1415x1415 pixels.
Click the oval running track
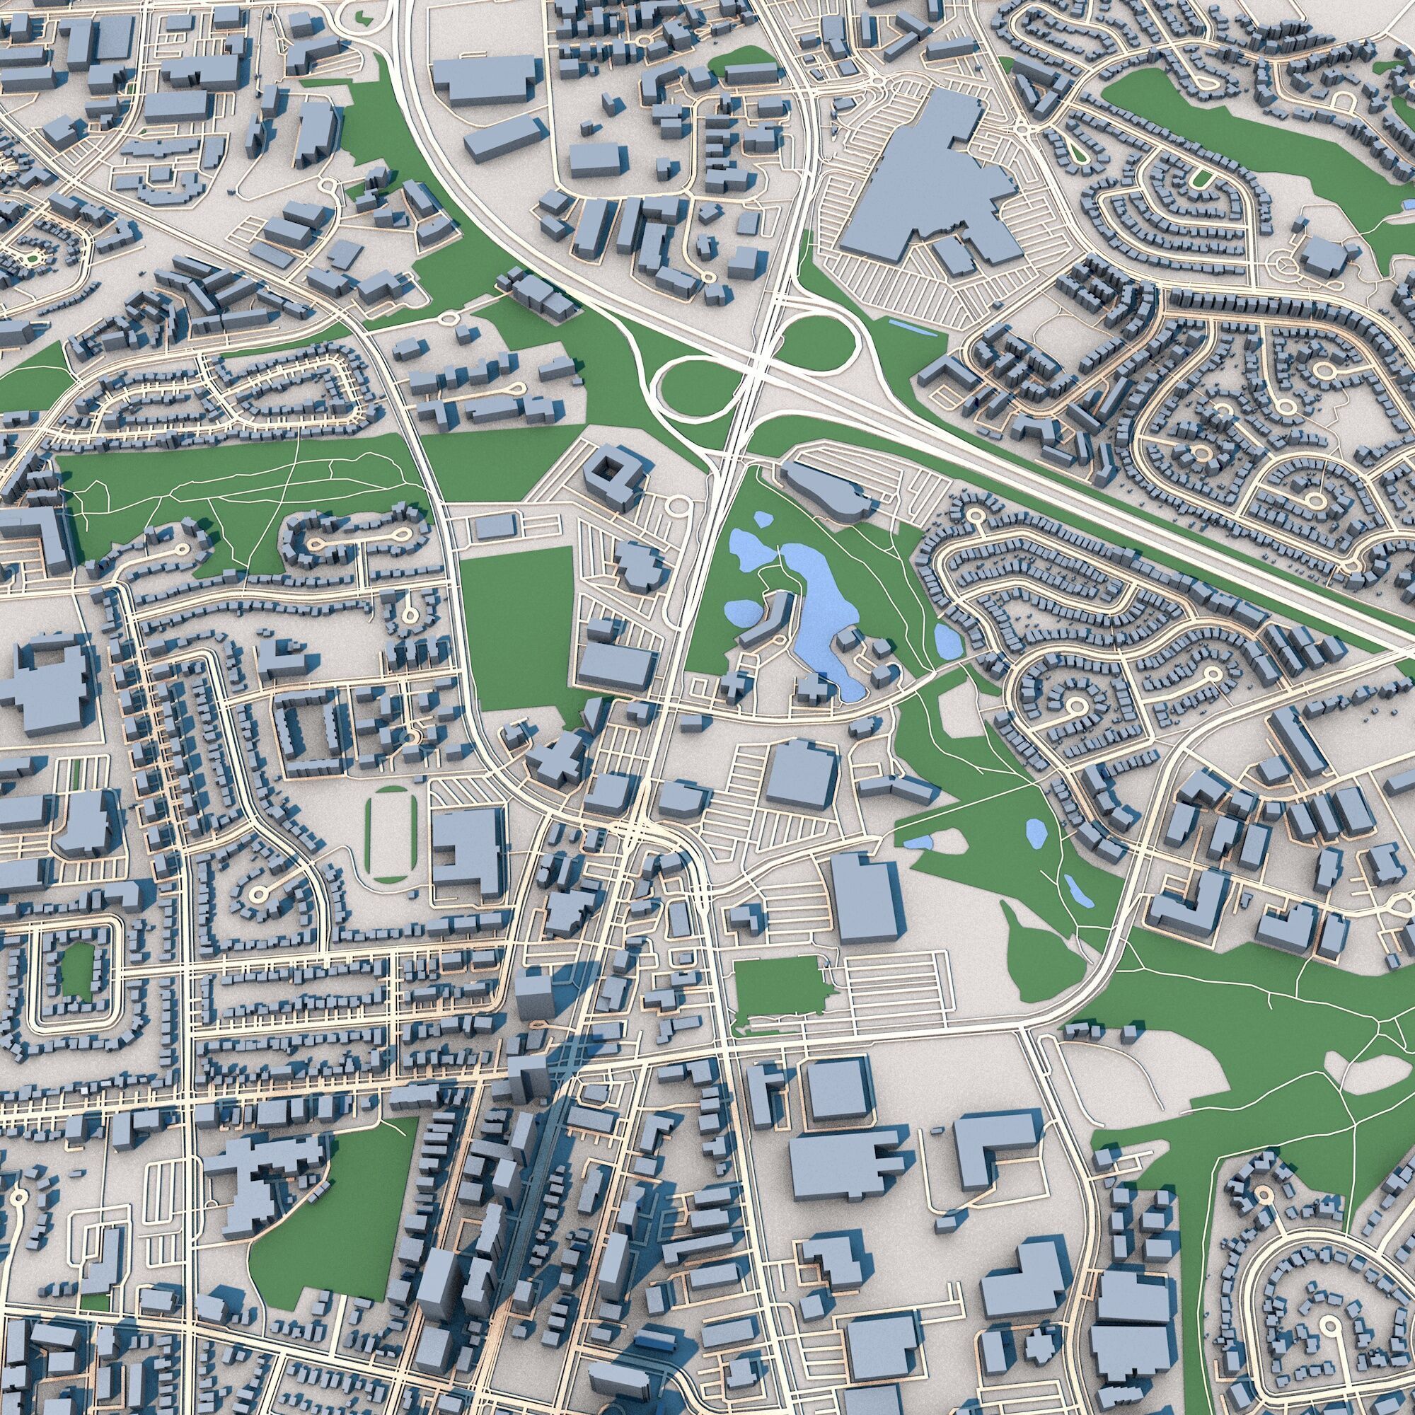coord(391,834)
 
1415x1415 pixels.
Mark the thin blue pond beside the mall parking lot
coord(911,328)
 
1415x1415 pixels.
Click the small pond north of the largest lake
coord(763,520)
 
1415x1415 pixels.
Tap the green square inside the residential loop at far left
coord(77,970)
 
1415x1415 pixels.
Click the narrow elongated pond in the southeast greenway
coord(1075,889)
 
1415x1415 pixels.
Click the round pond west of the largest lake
coord(741,609)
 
